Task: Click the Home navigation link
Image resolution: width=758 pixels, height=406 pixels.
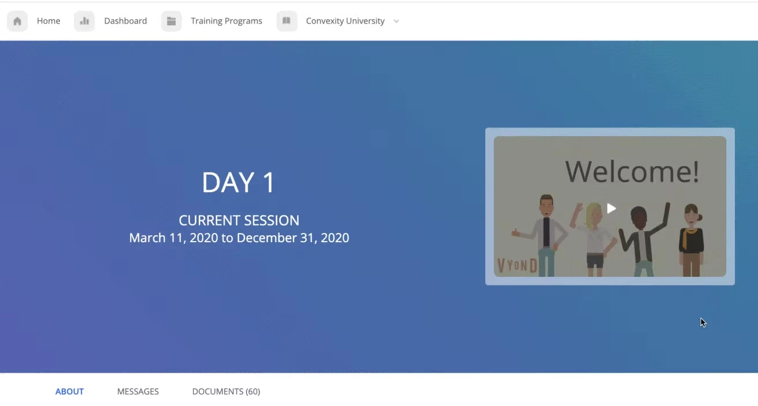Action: [49, 21]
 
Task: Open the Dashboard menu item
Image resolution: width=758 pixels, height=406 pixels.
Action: [125, 21]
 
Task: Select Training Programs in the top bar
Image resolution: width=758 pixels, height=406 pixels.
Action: [226, 21]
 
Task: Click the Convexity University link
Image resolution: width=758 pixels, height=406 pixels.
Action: [345, 21]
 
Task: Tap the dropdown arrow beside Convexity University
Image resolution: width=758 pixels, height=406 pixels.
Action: [396, 21]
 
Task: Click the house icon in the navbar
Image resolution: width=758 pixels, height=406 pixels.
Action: [17, 21]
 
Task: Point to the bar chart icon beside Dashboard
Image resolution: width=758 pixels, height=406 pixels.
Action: [84, 21]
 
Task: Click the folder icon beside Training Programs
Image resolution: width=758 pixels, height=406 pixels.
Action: [172, 21]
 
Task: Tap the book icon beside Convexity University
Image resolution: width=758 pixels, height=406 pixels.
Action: [287, 21]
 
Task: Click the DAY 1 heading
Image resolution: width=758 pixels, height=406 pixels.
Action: [239, 183]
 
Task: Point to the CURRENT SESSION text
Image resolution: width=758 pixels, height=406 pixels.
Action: [239, 220]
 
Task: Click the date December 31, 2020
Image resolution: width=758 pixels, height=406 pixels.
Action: [293, 238]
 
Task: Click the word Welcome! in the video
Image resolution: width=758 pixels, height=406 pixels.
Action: [632, 171]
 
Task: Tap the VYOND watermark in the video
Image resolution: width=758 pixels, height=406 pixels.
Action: [517, 266]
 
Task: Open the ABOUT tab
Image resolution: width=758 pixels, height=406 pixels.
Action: [69, 392]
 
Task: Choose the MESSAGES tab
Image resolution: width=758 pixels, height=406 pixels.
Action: [138, 392]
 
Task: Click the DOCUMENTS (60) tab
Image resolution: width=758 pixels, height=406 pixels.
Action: [226, 392]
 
